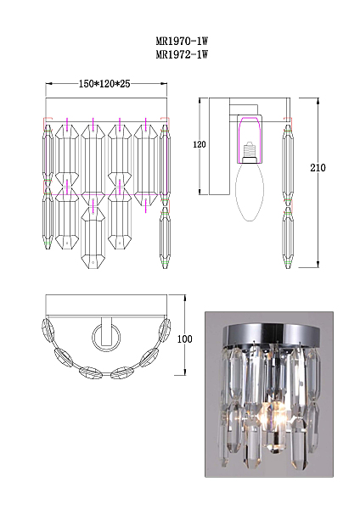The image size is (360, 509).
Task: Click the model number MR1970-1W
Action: [x=182, y=42]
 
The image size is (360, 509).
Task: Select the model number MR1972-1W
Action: [x=182, y=54]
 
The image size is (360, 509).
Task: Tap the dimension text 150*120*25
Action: [x=104, y=84]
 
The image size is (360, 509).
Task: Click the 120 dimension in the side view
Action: [x=200, y=144]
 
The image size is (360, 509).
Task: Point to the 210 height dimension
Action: [x=318, y=167]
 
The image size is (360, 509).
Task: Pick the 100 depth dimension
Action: [x=184, y=338]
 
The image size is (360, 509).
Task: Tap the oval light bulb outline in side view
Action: [x=250, y=190]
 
